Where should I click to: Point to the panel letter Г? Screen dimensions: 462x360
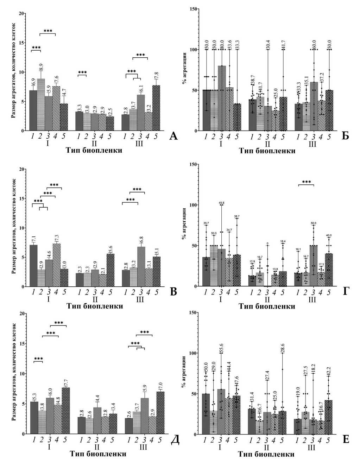click(346, 291)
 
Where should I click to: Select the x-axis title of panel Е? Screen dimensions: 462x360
click(266, 454)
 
